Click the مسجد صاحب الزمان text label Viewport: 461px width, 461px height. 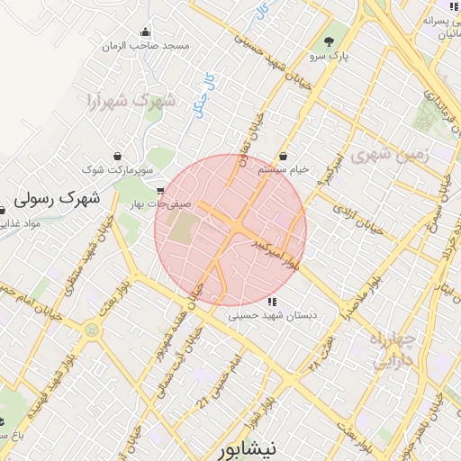(146, 45)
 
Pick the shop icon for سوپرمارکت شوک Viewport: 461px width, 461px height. (118, 155)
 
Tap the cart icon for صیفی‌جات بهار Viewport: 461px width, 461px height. (160, 190)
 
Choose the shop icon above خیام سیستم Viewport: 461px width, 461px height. (283, 155)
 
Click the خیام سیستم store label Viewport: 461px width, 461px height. (284, 169)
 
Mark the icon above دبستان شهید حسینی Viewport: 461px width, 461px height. (272, 302)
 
